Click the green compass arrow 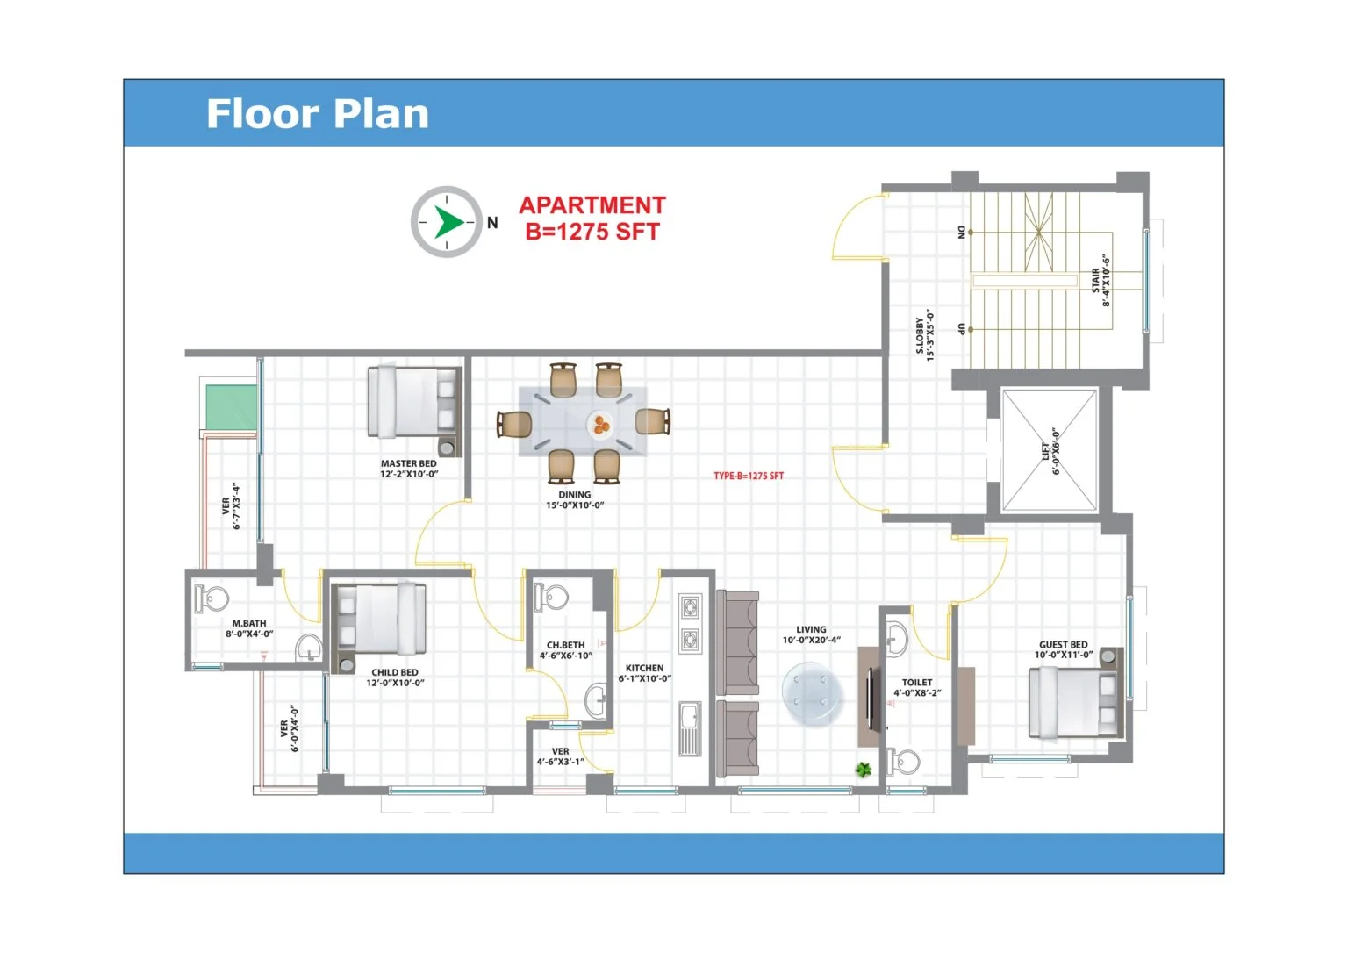point(448,222)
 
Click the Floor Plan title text point(318,114)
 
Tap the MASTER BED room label point(409,463)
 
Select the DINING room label point(574,495)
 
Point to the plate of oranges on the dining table point(600,424)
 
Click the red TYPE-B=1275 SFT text point(749,476)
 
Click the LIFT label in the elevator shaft point(1045,451)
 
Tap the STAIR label point(1096,280)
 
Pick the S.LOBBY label point(920,335)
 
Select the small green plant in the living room point(864,769)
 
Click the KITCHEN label point(644,668)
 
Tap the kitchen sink point(690,728)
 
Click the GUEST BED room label point(1064,644)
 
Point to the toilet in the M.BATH point(212,598)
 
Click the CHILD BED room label point(395,672)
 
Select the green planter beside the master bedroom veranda point(232,407)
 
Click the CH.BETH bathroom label point(566,645)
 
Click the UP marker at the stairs point(961,329)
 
